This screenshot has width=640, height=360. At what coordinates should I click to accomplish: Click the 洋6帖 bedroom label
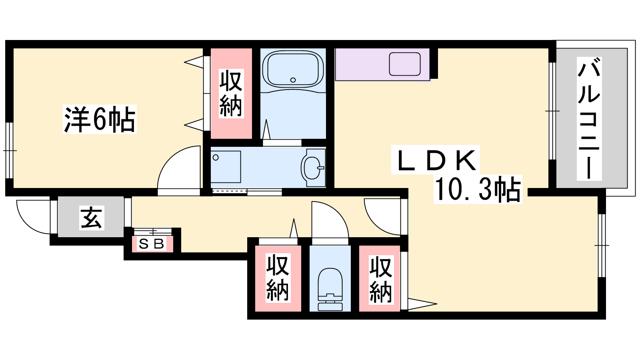point(100,120)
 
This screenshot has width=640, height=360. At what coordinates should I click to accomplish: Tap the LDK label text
point(435,160)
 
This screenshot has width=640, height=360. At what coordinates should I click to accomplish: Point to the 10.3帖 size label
point(478,189)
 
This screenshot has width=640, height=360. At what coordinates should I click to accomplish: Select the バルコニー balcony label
point(589,118)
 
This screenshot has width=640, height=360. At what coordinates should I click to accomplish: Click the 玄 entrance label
point(92,218)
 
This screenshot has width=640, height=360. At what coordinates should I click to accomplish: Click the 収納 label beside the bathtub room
point(231,94)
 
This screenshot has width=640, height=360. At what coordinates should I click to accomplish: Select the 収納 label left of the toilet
point(278,278)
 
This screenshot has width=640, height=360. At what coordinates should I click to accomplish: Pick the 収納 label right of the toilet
point(381,280)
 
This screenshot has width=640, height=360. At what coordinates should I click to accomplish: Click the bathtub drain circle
point(293,80)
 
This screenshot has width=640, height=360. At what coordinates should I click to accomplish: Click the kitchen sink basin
point(404,64)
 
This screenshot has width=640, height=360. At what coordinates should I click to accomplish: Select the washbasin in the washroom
point(313,168)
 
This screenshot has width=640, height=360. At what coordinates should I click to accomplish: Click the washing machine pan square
point(226,167)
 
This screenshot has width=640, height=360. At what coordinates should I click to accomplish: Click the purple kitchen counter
point(382,64)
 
